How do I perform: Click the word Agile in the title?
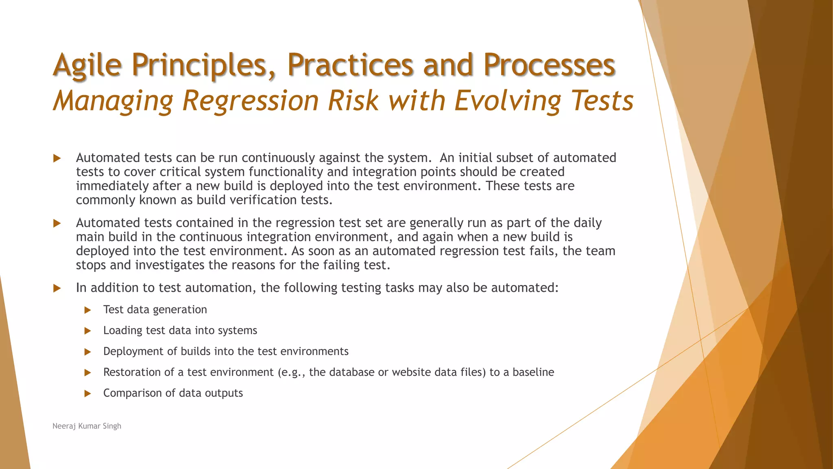click(x=87, y=65)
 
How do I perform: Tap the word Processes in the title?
click(x=549, y=65)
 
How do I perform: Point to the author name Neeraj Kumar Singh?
click(x=87, y=426)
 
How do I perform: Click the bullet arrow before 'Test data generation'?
click(x=87, y=310)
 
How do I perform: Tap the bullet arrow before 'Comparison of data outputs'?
click(x=87, y=394)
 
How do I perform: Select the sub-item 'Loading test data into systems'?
click(x=180, y=330)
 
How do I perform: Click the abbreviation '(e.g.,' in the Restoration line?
click(x=291, y=372)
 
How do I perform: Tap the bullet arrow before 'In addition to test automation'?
click(x=57, y=289)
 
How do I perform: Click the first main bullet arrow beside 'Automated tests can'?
click(x=57, y=158)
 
